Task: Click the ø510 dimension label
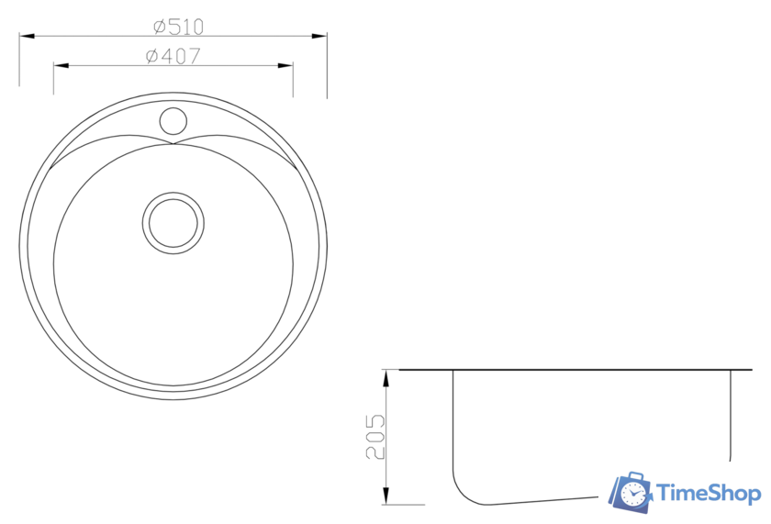[x=178, y=27]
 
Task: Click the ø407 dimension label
[x=173, y=56]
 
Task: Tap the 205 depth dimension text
[x=375, y=437]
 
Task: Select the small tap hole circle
[x=173, y=120]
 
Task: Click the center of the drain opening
[x=173, y=223]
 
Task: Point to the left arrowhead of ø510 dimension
[x=27, y=36]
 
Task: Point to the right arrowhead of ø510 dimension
[x=319, y=36]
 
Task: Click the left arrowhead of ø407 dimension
[x=61, y=65]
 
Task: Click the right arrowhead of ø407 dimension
[x=285, y=65]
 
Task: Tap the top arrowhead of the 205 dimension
[x=386, y=377]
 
